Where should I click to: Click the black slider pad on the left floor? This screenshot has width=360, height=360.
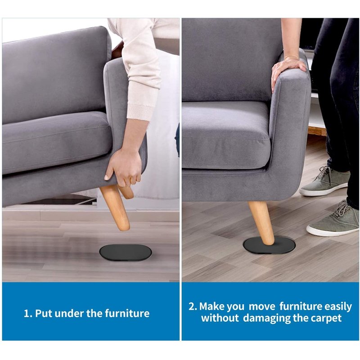tap(126, 252)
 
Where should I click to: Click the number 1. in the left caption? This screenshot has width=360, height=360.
tap(28, 313)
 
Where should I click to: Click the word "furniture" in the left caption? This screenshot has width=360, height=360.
tap(127, 313)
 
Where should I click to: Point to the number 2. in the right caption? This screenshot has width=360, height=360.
tap(193, 307)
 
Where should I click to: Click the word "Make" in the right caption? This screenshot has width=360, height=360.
tap(210, 306)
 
